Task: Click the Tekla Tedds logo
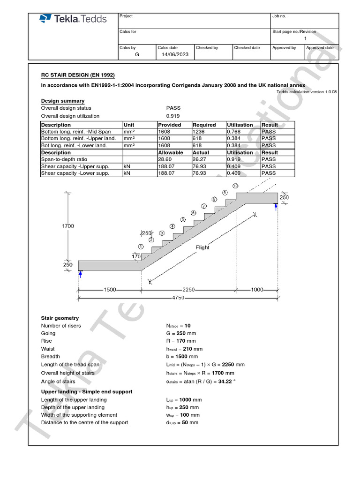[x=73, y=19]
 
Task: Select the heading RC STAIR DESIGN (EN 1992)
[x=78, y=75]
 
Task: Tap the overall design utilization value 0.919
[x=172, y=116]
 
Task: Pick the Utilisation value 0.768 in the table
[x=234, y=132]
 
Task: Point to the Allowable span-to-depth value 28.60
[x=165, y=159]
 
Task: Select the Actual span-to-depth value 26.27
[x=200, y=159]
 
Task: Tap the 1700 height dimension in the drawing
[x=68, y=226]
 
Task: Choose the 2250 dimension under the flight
[x=189, y=290]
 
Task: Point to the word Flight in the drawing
[x=202, y=247]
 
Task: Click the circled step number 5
[x=183, y=219]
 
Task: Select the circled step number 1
[x=141, y=247]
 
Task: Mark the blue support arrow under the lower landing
[x=80, y=274]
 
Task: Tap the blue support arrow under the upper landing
[x=276, y=206]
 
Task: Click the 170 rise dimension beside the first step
[x=136, y=256]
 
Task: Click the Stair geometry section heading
[x=60, y=318]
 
